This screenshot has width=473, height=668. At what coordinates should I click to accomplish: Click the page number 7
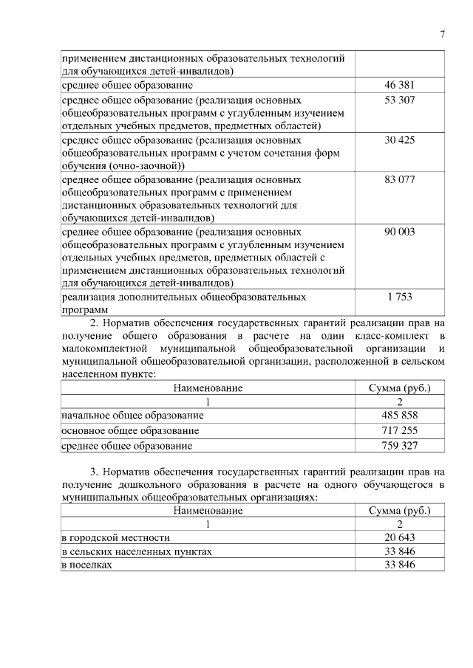[442, 34]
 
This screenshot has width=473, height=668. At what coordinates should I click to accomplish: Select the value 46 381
[400, 86]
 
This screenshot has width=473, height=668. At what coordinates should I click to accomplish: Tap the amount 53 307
[400, 100]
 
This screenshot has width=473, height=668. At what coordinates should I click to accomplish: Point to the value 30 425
[400, 140]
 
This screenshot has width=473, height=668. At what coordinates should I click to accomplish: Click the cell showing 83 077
[400, 179]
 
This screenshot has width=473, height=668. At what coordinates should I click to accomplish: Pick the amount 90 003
[400, 232]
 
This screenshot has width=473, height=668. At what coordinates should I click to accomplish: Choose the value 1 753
[400, 297]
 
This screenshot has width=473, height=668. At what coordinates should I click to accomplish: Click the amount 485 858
[400, 416]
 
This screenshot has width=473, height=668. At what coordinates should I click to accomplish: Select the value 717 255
[400, 430]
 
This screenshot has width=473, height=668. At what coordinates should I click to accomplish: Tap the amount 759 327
[400, 446]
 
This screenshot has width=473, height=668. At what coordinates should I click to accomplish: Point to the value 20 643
[400, 537]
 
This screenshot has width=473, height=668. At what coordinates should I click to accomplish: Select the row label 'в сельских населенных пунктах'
[137, 551]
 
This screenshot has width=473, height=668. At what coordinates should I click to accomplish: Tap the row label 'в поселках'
[87, 565]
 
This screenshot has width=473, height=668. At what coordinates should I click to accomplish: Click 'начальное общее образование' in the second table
[132, 416]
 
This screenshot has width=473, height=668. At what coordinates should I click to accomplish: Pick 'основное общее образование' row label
[130, 431]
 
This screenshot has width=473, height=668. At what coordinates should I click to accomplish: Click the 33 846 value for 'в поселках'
[400, 565]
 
